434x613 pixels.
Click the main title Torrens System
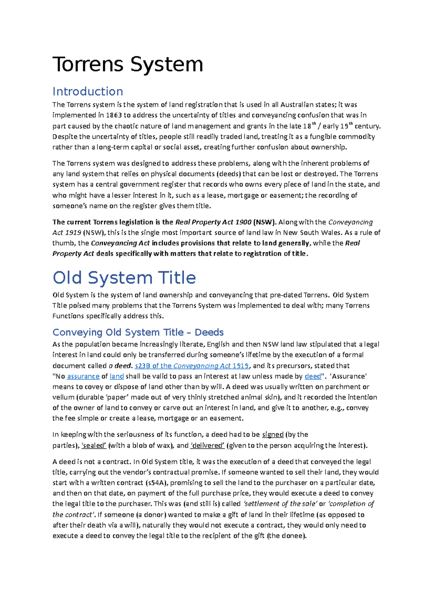pyautogui.click(x=128, y=65)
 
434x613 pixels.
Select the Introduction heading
pyautogui.click(x=88, y=91)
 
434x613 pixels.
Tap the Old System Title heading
pyautogui.click(x=124, y=278)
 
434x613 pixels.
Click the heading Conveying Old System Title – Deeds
pyautogui.click(x=138, y=332)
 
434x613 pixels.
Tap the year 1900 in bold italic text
pyautogui.click(x=243, y=222)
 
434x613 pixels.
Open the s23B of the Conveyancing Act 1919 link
pyautogui.click(x=192, y=366)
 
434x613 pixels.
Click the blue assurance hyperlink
pyautogui.click(x=83, y=376)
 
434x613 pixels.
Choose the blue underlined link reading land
pyautogui.click(x=117, y=376)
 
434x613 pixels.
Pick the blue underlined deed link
pyautogui.click(x=313, y=376)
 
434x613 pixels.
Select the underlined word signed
pyautogui.click(x=273, y=434)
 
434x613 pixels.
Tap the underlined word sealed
pyautogui.click(x=94, y=445)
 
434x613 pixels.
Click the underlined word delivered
pyautogui.click(x=208, y=445)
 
